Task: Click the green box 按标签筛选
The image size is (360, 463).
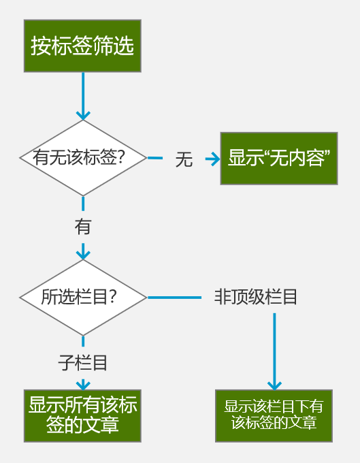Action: point(82,46)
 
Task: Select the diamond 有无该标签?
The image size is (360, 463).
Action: point(83,158)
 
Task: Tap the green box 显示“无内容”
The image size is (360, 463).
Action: point(279,159)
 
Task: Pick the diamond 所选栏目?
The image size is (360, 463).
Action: point(83,298)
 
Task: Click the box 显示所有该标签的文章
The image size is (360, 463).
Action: point(82,416)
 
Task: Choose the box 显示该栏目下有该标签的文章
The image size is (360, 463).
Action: point(274,416)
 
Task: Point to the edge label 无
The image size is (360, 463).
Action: point(184,159)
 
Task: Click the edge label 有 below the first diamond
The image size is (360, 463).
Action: point(83,227)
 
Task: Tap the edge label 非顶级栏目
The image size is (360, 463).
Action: point(256,297)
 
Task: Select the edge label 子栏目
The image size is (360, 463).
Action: point(82,363)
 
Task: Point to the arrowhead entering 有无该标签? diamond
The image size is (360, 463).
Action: point(83,116)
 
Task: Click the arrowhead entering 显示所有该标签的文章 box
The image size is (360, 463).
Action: point(83,385)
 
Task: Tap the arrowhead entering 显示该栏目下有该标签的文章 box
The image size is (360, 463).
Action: point(274,385)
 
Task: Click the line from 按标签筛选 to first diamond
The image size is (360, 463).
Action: point(83,95)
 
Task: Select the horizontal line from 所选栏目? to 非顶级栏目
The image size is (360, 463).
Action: point(174,298)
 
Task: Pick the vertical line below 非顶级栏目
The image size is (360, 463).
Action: point(274,350)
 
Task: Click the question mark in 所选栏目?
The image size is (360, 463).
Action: point(113,297)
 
